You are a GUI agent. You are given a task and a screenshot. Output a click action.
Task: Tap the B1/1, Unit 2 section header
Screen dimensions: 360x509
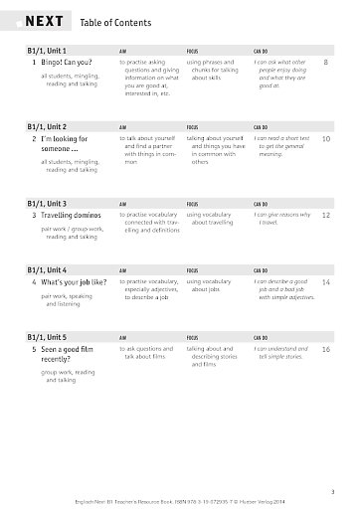pyautogui.click(x=50, y=127)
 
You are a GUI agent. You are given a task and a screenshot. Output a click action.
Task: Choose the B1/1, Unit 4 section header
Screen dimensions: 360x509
pyautogui.click(x=50, y=270)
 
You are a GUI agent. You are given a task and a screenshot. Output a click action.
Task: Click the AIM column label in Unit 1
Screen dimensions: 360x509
pyautogui.click(x=123, y=50)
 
